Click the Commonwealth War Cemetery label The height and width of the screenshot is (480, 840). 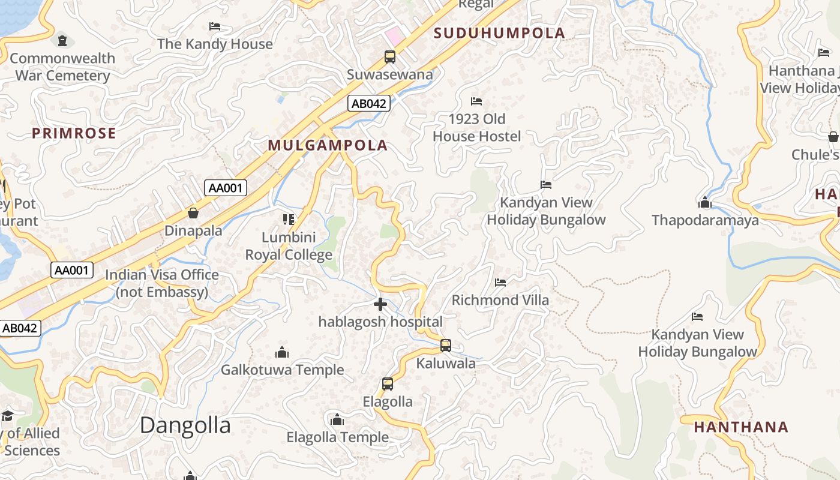[x=62, y=67]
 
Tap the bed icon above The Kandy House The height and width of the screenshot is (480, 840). [x=215, y=26]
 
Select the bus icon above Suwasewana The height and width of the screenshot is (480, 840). [x=390, y=57]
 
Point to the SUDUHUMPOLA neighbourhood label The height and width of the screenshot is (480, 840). [x=499, y=33]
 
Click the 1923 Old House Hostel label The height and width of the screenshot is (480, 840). [x=477, y=128]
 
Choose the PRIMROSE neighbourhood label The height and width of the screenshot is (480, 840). [x=74, y=133]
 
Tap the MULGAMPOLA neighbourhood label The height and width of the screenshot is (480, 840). [x=328, y=145]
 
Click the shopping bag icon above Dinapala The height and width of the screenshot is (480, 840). [x=193, y=213]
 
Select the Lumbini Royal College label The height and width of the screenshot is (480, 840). [x=289, y=247]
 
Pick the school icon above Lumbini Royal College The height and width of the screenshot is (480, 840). [x=289, y=220]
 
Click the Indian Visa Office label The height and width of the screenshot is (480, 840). [x=162, y=283]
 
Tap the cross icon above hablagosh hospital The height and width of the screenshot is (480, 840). [x=380, y=305]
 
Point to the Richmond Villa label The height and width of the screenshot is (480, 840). [x=500, y=300]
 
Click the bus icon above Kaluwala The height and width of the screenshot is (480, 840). [x=446, y=346]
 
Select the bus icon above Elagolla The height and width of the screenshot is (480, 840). [x=388, y=384]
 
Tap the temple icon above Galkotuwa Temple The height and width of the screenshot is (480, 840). [x=282, y=352]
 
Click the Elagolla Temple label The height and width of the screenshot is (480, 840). [x=337, y=437]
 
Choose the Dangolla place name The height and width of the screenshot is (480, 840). [x=185, y=425]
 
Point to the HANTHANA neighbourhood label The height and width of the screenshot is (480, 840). [x=741, y=427]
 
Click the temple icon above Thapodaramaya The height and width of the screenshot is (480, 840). [x=705, y=203]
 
